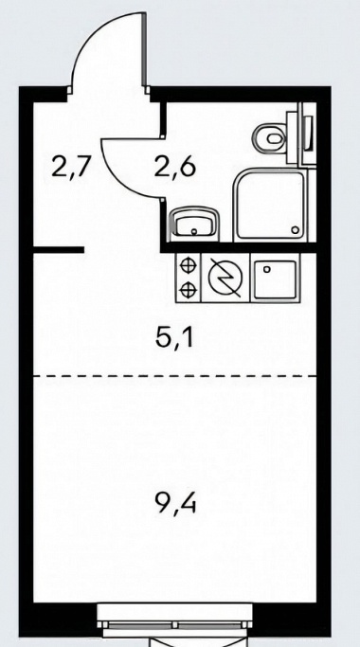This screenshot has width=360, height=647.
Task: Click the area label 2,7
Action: pyautogui.click(x=70, y=167)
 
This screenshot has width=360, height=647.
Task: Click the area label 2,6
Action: pyautogui.click(x=174, y=167)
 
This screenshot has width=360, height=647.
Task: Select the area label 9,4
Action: pyautogui.click(x=174, y=504)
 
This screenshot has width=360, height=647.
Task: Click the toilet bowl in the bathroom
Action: pyautogui.click(x=270, y=138)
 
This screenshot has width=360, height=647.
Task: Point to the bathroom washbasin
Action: pyautogui.click(x=195, y=222)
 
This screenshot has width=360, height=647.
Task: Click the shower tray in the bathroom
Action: pyautogui.click(x=270, y=205)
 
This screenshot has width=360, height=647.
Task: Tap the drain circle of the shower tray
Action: pyautogui.click(x=295, y=230)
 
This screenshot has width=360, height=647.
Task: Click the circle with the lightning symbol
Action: pyautogui.click(x=225, y=278)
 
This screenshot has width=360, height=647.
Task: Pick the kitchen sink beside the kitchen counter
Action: pyautogui.click(x=276, y=279)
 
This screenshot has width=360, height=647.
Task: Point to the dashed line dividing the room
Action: pyautogui.click(x=174, y=376)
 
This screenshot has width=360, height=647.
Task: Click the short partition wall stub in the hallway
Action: pyautogui.click(x=58, y=250)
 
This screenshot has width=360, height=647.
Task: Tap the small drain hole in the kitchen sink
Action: pyautogui.click(x=267, y=269)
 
